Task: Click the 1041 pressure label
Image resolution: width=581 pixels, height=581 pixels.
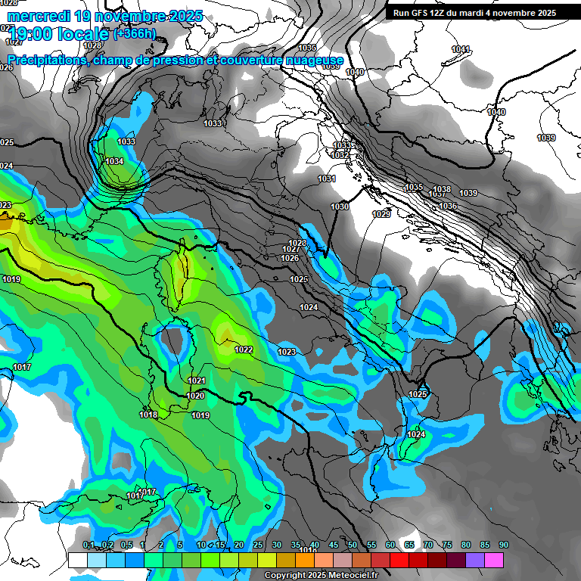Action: coord(460,49)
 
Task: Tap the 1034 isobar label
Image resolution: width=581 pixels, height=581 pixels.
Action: coord(114,161)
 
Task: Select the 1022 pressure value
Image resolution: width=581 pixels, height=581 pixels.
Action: coord(244,350)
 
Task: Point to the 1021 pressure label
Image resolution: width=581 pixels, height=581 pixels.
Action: coord(197,381)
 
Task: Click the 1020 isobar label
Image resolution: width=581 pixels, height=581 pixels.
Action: coord(195,396)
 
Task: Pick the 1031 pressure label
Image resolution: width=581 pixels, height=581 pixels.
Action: coord(327,179)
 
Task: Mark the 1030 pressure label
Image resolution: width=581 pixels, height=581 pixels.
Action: coord(340,207)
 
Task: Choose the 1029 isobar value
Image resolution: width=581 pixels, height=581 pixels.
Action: coord(381,214)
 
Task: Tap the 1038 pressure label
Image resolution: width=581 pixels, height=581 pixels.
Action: coord(442,189)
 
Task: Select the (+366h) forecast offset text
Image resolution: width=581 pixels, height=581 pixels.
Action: coord(135,33)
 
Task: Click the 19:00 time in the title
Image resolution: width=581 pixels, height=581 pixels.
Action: coord(32,34)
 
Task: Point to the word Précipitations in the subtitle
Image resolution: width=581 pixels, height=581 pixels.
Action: coord(45,60)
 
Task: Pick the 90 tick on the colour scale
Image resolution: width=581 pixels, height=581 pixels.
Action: coord(503,545)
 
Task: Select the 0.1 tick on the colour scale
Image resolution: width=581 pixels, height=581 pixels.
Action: coord(89,545)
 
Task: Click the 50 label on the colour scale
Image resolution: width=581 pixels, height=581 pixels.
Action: coord(353,545)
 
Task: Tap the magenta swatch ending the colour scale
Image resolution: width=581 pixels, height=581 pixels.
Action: coord(493,560)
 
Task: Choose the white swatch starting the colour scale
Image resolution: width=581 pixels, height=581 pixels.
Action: coord(77,560)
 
